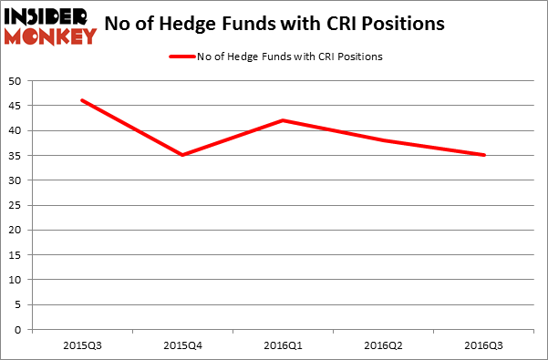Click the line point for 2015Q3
82,100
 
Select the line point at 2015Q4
182,155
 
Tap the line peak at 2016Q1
284,120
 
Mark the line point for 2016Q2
384,140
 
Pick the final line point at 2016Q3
484,155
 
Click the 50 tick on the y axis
16,80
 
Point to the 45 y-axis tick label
16,106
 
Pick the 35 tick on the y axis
16,155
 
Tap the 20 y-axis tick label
16,230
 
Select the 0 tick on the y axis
19,329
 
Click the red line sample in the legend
182,57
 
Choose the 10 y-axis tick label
16,280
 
